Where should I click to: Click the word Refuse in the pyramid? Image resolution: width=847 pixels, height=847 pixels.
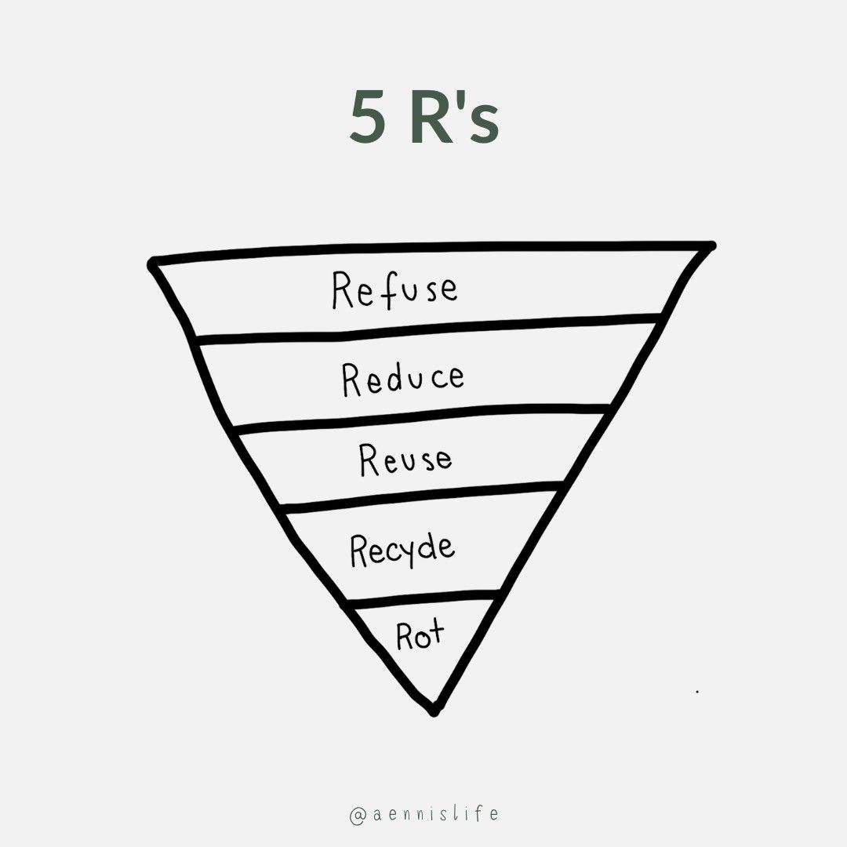[x=394, y=289]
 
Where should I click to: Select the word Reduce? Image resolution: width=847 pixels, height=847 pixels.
[x=403, y=378]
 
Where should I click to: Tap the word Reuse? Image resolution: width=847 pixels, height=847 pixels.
[x=405, y=459]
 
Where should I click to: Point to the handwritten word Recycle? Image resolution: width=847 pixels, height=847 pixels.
[x=402, y=548]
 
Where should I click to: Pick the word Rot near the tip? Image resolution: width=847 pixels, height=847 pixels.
[x=420, y=635]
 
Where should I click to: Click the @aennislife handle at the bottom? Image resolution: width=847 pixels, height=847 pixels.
[x=423, y=813]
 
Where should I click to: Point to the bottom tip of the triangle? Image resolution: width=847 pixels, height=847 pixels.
[x=434, y=711]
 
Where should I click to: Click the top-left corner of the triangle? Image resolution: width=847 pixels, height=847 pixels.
[x=151, y=264]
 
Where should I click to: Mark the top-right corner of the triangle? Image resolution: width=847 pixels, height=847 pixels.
[x=711, y=246]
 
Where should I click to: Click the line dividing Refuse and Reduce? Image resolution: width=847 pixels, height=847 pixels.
[x=427, y=328]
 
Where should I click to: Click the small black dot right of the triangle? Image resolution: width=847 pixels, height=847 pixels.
[x=697, y=692]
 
